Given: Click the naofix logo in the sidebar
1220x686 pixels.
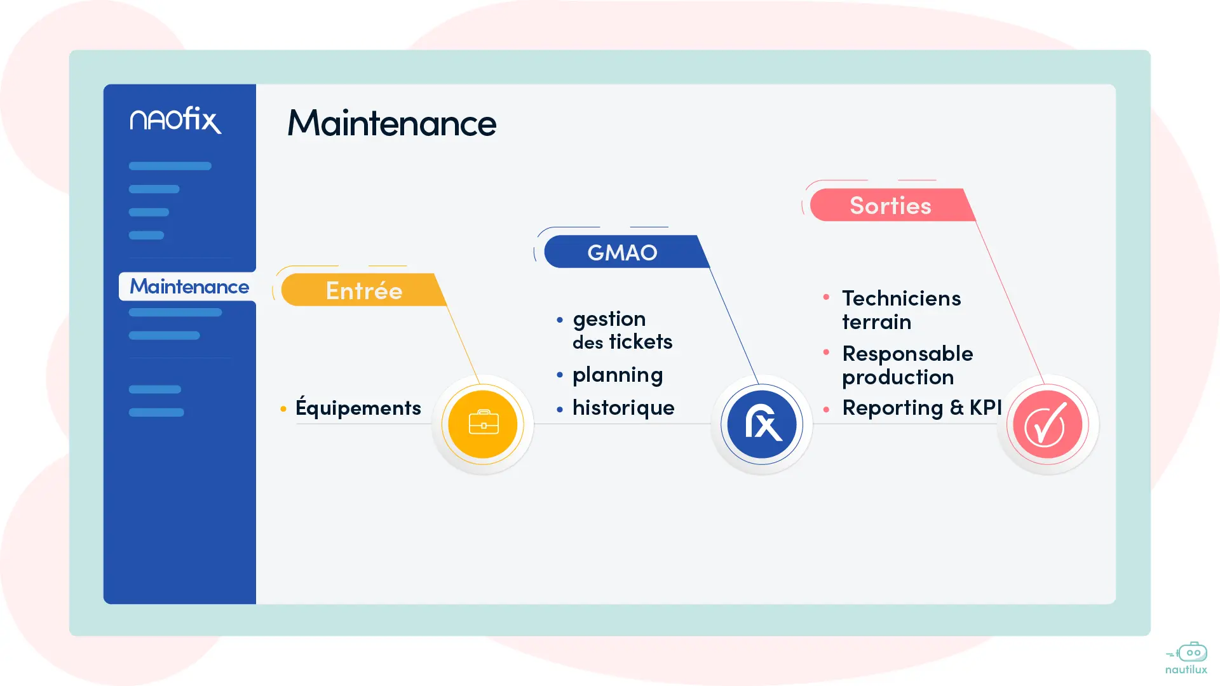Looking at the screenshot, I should pyautogui.click(x=175, y=120).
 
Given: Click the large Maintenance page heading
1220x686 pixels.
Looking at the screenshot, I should pyautogui.click(x=391, y=123).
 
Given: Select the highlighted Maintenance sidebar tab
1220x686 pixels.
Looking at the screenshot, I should pyautogui.click(x=189, y=286).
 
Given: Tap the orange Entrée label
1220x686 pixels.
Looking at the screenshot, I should pyautogui.click(x=363, y=290).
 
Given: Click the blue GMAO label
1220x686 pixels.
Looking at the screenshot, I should pyautogui.click(x=622, y=252).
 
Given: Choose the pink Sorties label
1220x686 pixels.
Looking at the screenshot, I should pyautogui.click(x=890, y=205).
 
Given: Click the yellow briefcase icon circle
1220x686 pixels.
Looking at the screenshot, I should pyautogui.click(x=483, y=424).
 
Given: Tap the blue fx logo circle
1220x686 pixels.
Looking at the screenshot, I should pyautogui.click(x=762, y=424).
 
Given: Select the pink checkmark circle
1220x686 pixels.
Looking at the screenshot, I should pyautogui.click(x=1047, y=424).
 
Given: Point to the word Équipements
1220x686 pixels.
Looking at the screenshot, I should pyautogui.click(x=358, y=408).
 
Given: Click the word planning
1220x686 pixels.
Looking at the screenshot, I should pyautogui.click(x=618, y=375).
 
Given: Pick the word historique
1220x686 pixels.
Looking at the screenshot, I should pyautogui.click(x=623, y=408).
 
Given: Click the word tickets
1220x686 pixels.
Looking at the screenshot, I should pyautogui.click(x=640, y=342).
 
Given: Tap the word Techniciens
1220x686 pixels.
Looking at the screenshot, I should pyautogui.click(x=901, y=299).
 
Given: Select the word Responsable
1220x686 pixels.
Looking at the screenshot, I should pyautogui.click(x=907, y=354).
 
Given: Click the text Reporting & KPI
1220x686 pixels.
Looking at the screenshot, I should pyautogui.click(x=921, y=408).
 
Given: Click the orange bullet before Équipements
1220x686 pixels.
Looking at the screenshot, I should pyautogui.click(x=283, y=408).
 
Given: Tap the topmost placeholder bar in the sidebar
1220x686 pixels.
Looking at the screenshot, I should pyautogui.click(x=170, y=166).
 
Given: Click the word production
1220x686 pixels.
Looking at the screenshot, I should pyautogui.click(x=898, y=377).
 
